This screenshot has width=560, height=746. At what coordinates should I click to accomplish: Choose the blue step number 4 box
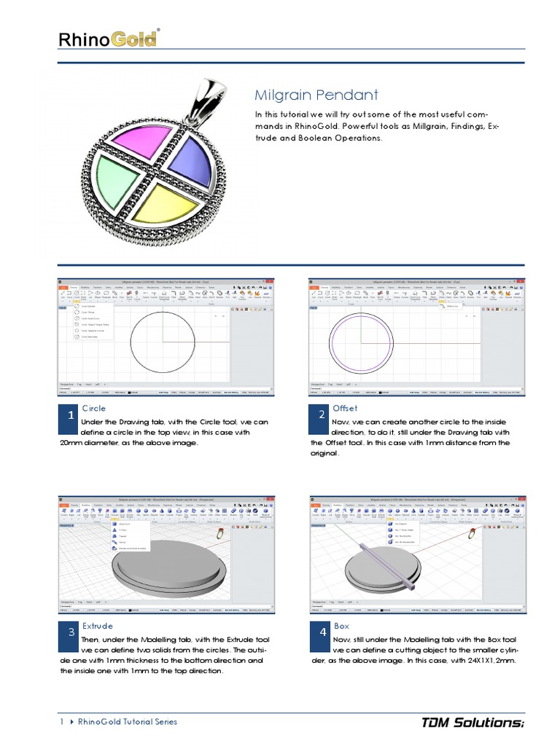point(322,632)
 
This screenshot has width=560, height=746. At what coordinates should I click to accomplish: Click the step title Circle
point(93,408)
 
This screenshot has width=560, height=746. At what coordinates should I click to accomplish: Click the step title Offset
point(345,408)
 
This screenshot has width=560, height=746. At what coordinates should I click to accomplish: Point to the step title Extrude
point(97,626)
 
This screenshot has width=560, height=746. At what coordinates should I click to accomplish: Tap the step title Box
point(341,626)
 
